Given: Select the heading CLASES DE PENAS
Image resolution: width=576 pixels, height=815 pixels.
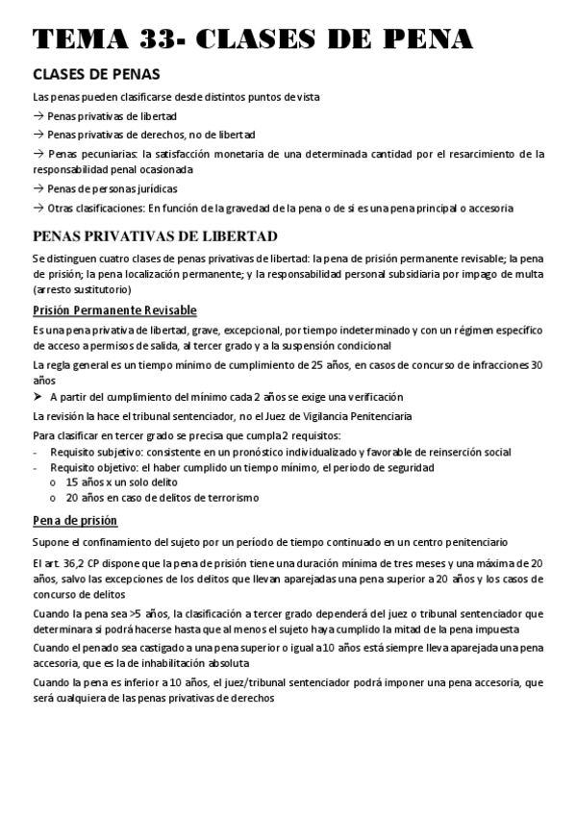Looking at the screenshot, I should click(x=96, y=75).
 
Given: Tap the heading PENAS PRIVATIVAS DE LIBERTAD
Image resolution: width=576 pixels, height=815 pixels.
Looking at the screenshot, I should click(x=155, y=236).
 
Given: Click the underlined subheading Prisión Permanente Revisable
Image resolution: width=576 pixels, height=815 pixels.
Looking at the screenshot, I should click(x=114, y=309).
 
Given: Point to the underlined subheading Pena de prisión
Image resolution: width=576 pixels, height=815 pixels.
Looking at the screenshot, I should click(x=75, y=520).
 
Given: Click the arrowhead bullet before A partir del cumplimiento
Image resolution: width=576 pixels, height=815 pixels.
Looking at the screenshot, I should click(x=38, y=397).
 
